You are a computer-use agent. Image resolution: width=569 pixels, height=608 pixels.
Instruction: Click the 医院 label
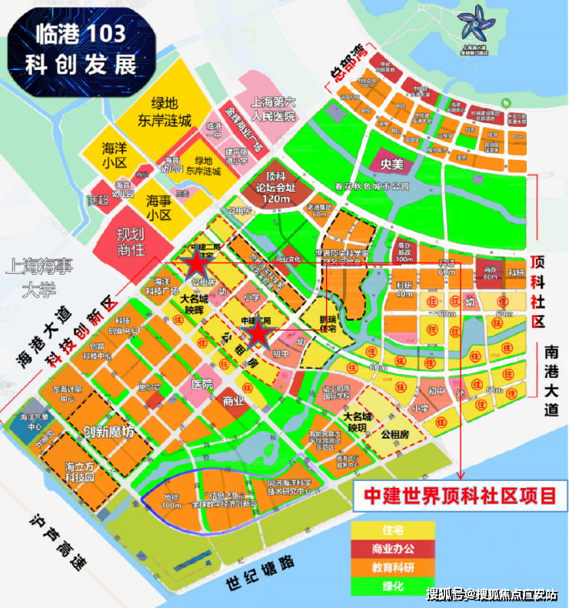tap(202, 383)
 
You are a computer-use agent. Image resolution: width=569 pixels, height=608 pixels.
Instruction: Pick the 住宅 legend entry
tap(393, 530)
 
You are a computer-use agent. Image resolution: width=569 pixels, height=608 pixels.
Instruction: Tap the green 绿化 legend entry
tap(393, 587)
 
